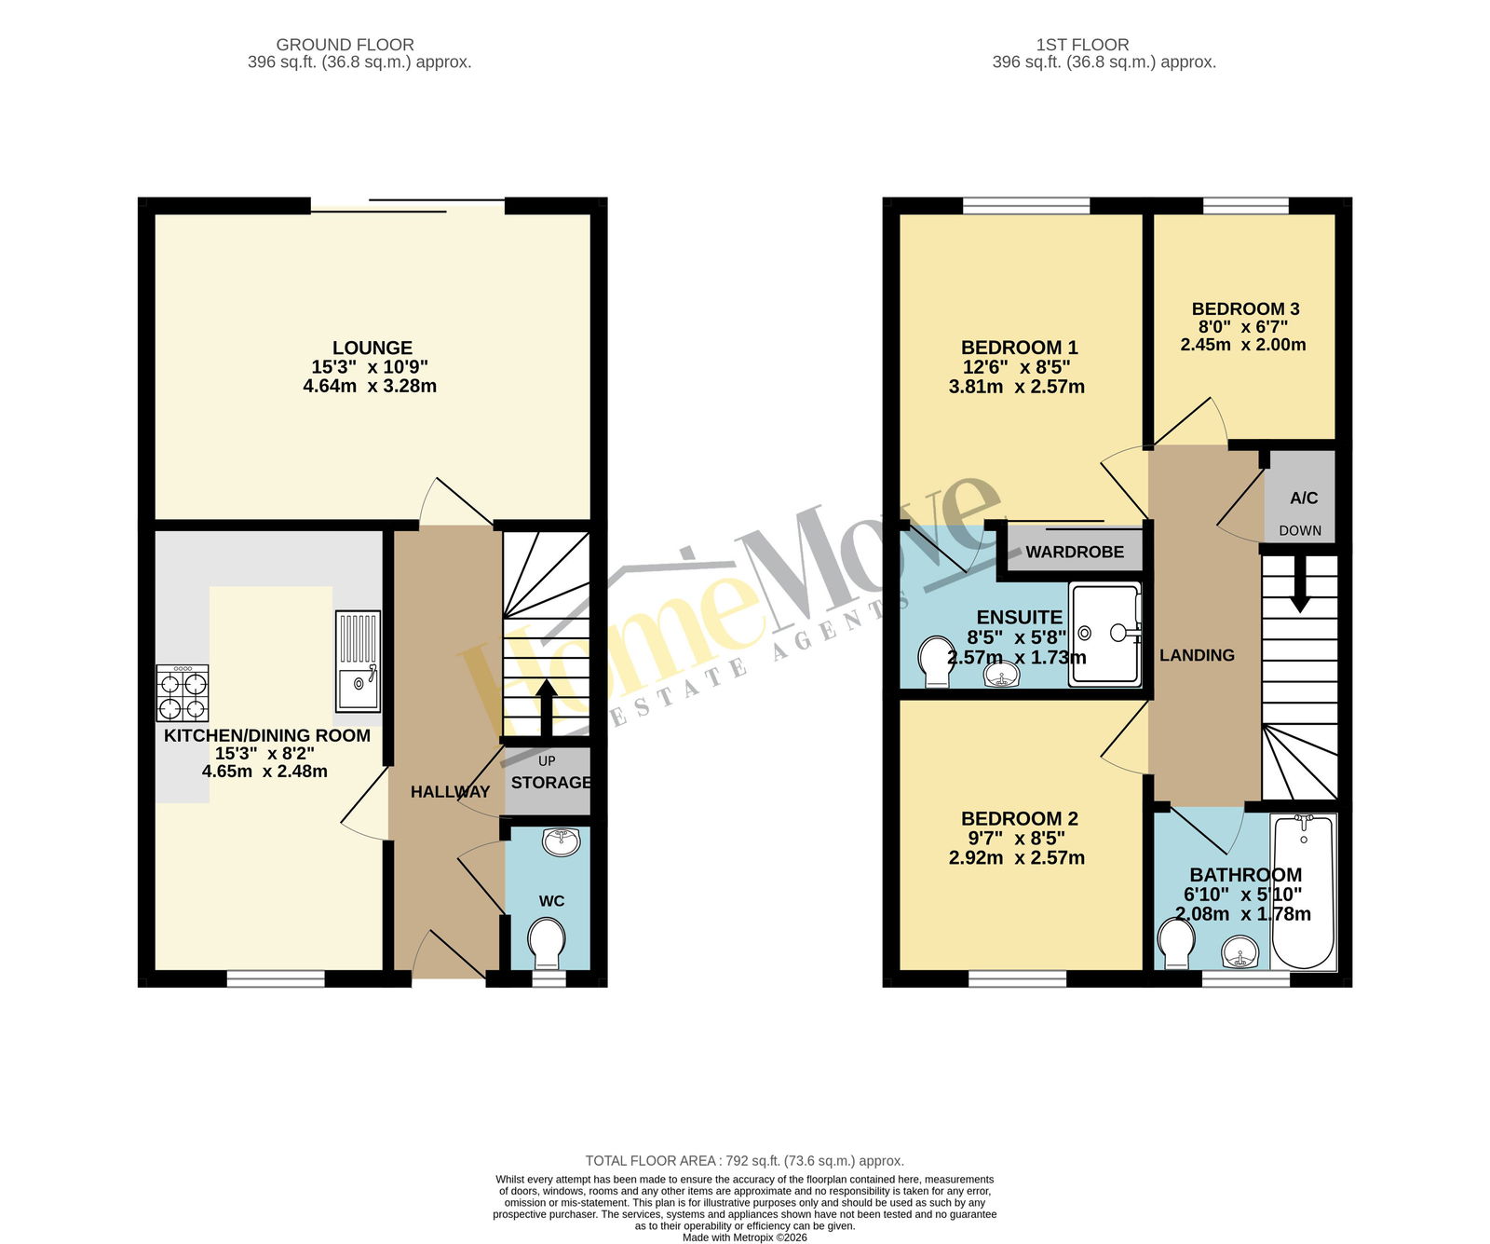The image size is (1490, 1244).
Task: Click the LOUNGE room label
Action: click(372, 348)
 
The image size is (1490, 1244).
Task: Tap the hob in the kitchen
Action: click(183, 693)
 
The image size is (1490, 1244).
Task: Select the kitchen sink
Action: click(358, 662)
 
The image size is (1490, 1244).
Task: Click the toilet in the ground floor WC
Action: click(547, 943)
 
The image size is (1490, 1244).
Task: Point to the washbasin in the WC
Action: click(562, 841)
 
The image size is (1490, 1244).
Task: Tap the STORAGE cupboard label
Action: click(551, 783)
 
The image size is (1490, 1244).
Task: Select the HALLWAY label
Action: click(450, 792)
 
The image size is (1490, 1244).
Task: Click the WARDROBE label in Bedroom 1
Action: click(1075, 552)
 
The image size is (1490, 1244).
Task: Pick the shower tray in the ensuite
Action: click(1104, 635)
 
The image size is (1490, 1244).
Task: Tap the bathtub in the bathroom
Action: click(1304, 892)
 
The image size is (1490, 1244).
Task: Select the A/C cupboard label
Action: click(1304, 499)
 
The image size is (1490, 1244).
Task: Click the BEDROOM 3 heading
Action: click(1245, 308)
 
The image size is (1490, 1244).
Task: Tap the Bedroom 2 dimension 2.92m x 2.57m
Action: click(1017, 857)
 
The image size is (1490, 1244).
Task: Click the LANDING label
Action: click(1197, 655)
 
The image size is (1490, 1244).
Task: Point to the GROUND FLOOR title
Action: click(345, 45)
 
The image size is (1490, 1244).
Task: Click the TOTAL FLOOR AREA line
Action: click(745, 1161)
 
